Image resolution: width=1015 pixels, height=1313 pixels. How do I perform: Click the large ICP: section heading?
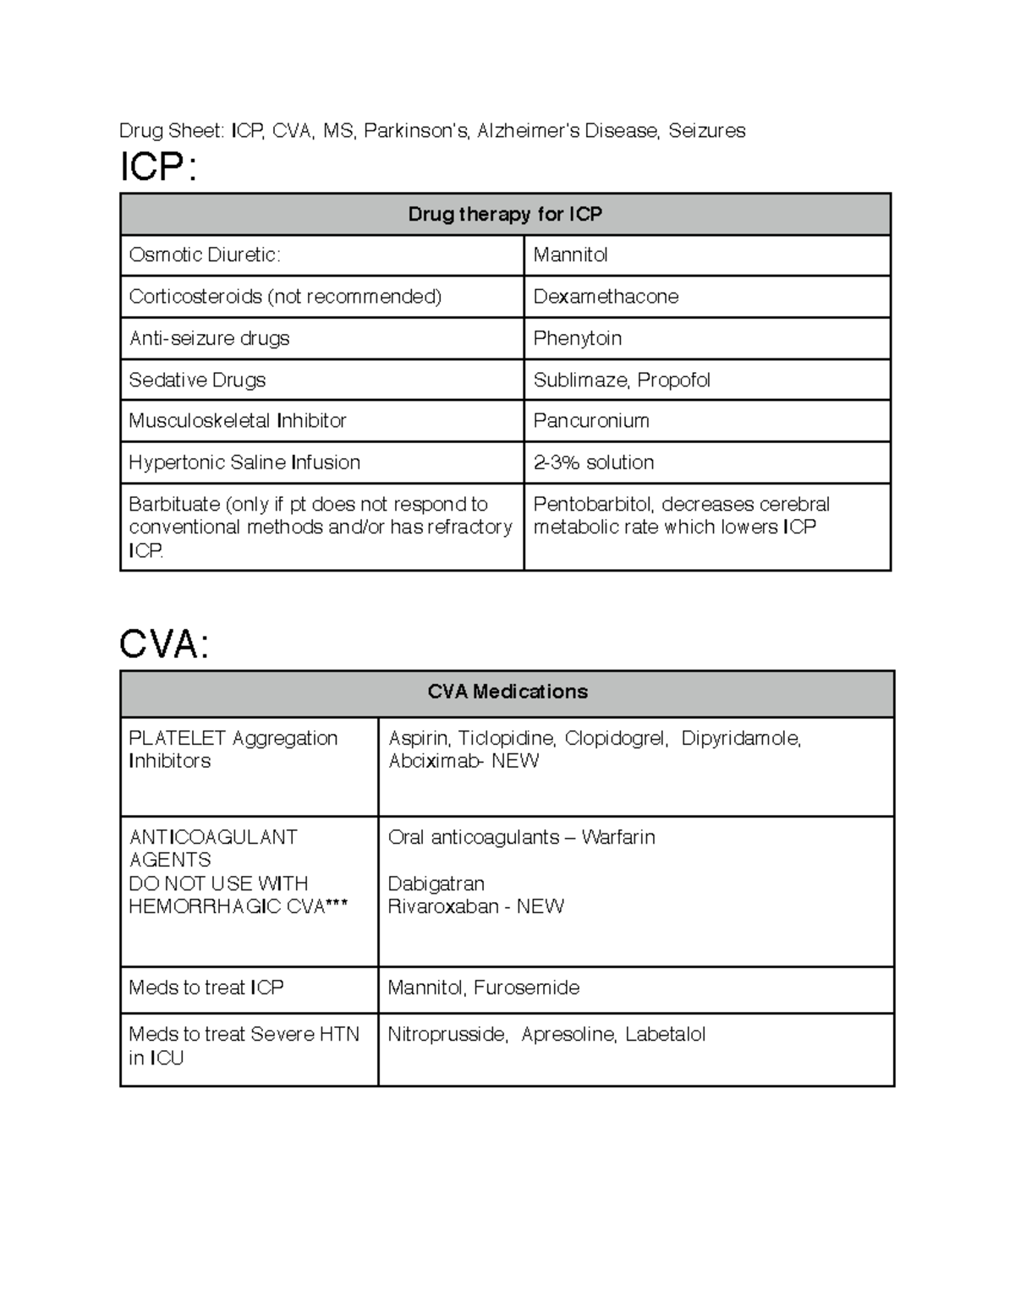pyautogui.click(x=158, y=168)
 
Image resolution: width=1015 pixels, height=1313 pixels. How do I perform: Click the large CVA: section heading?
pyautogui.click(x=164, y=645)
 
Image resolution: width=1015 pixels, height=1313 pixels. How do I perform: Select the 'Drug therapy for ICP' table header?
pyautogui.click(x=505, y=214)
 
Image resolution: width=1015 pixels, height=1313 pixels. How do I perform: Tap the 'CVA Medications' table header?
pyautogui.click(x=507, y=692)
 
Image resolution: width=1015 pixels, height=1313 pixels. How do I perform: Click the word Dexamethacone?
pyautogui.click(x=606, y=297)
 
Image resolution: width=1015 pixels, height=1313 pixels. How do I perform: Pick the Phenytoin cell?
pyautogui.click(x=578, y=338)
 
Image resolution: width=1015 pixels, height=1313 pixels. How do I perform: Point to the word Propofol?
pyautogui.click(x=673, y=380)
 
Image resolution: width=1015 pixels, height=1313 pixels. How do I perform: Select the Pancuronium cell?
pyautogui.click(x=591, y=421)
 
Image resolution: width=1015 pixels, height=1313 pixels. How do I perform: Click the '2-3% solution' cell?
pyautogui.click(x=593, y=462)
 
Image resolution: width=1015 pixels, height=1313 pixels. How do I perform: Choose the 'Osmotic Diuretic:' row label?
pyautogui.click(x=205, y=255)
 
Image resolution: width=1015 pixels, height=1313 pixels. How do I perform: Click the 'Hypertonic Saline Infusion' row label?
pyautogui.click(x=244, y=462)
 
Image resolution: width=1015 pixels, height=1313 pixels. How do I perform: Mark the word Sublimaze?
pyautogui.click(x=580, y=380)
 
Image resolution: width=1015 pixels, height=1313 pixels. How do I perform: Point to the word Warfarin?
pyautogui.click(x=618, y=837)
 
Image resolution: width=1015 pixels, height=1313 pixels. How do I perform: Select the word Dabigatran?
pyautogui.click(x=436, y=884)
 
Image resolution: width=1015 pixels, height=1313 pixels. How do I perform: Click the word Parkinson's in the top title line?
pyautogui.click(x=415, y=131)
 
